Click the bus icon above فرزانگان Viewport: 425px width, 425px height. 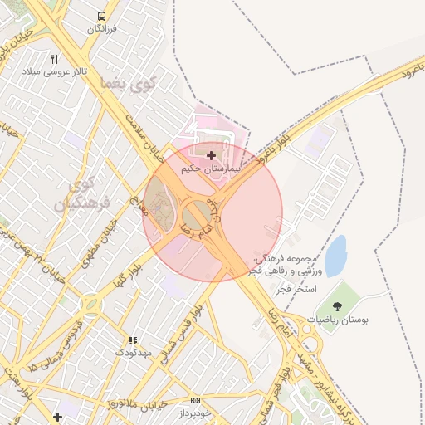pos(101,16)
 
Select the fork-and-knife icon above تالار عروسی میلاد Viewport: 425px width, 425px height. pos(55,59)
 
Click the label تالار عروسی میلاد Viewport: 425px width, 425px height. pos(55,72)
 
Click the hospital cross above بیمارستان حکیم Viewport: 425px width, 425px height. pos(211,155)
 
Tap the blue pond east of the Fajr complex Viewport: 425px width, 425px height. pos(335,256)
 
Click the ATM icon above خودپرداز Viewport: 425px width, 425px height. pos(195,400)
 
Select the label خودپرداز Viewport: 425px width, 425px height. pos(196,413)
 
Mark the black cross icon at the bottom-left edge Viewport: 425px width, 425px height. pos(56,417)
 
